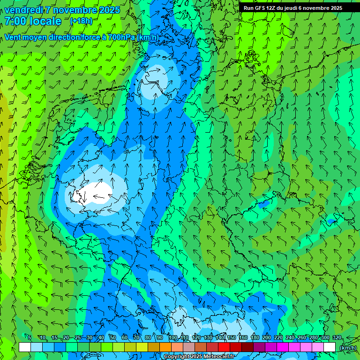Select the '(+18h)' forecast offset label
pos(81,21)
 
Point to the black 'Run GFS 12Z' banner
pos(293,8)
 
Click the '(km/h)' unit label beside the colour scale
pos(347,348)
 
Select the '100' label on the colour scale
pos(173,338)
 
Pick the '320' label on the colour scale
pos(337,338)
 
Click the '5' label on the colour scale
pos(30,338)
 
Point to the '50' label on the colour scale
pos(112,338)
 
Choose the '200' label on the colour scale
pos(266,338)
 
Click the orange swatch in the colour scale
pos(165,347)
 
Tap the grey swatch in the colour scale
pos(188,347)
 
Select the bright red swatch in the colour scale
pos(224,347)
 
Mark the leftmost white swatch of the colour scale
pos(25,347)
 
